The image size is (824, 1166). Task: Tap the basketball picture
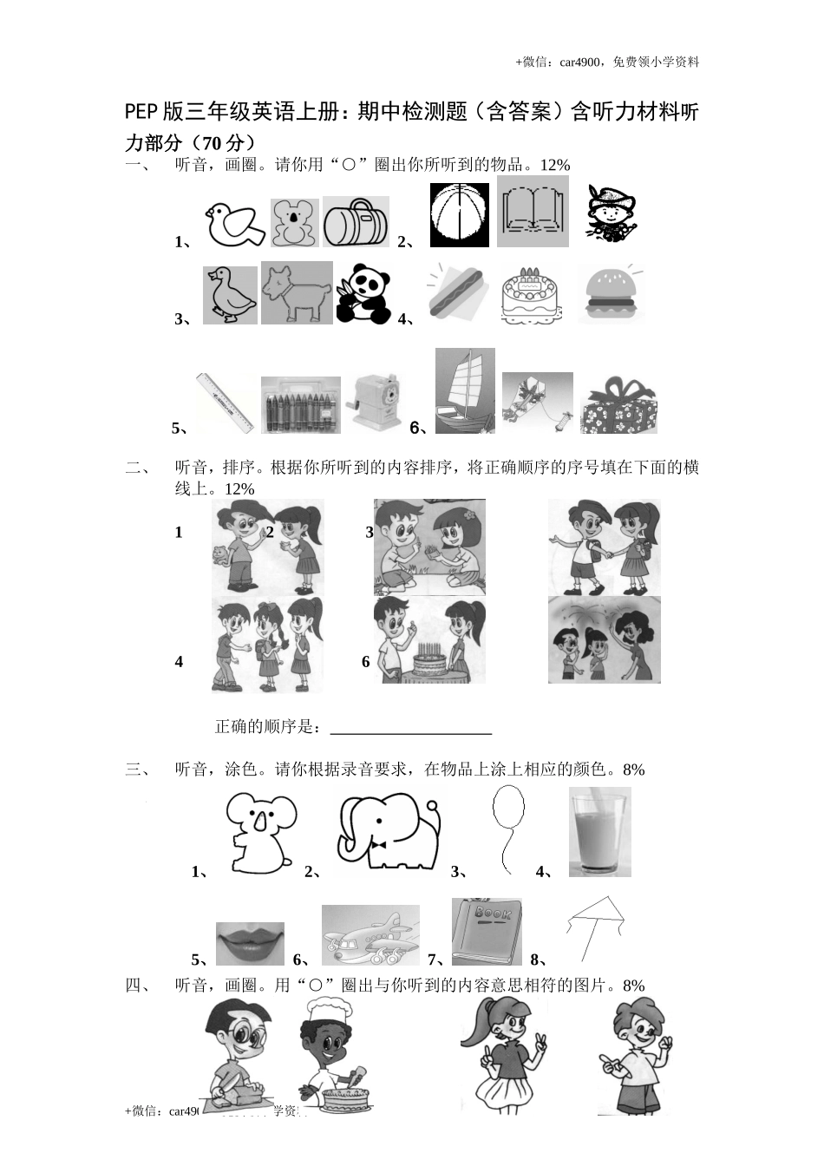[x=460, y=215]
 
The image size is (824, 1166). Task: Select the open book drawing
[x=533, y=212]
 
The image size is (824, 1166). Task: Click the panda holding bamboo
[x=363, y=293]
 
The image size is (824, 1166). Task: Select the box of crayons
[x=300, y=405]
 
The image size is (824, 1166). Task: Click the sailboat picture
[x=465, y=390]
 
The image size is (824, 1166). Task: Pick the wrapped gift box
[x=618, y=405]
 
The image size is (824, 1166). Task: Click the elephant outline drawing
[x=388, y=832]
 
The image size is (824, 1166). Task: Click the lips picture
[x=250, y=944]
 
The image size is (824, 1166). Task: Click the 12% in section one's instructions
[x=554, y=165]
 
